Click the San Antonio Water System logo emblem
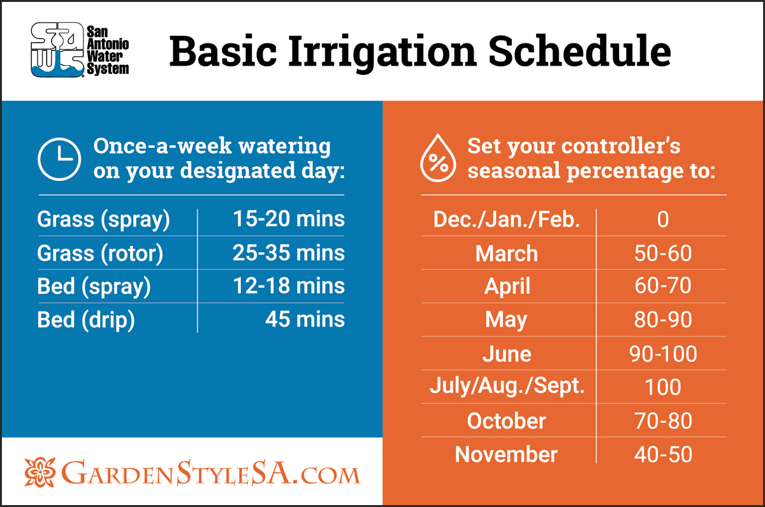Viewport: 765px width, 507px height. tap(57, 50)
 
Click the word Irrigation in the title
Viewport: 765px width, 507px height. tap(382, 52)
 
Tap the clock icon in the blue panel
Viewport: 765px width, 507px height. tap(59, 159)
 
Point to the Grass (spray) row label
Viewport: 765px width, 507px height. tap(103, 219)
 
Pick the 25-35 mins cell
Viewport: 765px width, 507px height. tap(289, 253)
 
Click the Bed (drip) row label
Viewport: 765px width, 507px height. tap(86, 320)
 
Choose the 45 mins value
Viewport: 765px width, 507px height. tap(305, 319)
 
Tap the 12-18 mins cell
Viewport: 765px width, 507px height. tap(289, 285)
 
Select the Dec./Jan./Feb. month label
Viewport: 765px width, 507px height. tap(506, 219)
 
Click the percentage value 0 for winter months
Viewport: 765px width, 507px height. tap(663, 219)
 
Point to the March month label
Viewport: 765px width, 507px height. tap(506, 253)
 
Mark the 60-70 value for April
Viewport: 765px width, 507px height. tap(663, 285)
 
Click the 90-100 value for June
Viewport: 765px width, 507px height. tap(663, 353)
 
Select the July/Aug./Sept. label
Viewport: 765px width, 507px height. tap(507, 387)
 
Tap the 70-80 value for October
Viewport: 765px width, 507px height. tap(663, 420)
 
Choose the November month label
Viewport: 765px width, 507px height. tap(506, 455)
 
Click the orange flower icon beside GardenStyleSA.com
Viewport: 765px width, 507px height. tap(40, 472)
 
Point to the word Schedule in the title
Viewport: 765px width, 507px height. tap(579, 51)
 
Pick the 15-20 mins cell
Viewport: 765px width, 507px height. tap(289, 218)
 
